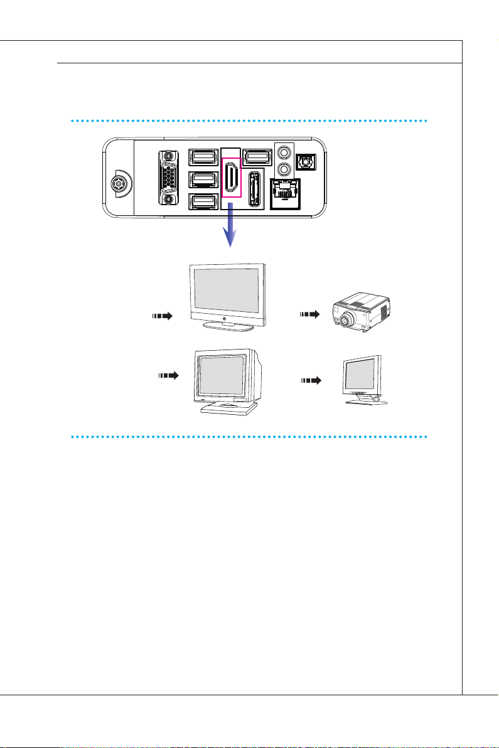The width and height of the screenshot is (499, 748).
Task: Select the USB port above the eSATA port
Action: (256, 156)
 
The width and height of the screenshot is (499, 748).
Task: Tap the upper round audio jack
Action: (286, 152)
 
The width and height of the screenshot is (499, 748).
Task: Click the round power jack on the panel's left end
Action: (117, 185)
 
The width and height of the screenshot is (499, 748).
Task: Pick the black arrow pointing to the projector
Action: (310, 314)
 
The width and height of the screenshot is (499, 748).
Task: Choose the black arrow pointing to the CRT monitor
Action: (168, 376)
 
